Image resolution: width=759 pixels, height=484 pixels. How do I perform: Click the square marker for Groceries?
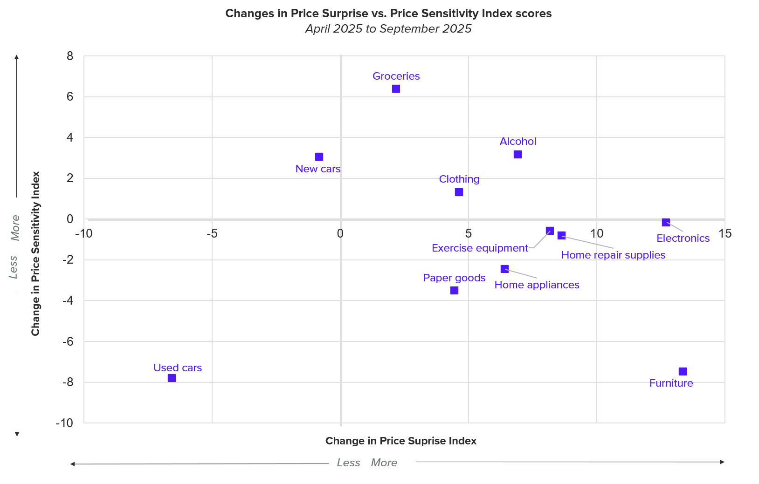[396, 89]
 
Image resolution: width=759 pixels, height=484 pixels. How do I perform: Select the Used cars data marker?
[172, 378]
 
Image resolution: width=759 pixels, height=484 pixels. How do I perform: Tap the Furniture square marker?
[683, 371]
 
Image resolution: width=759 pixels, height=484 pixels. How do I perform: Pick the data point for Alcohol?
[517, 154]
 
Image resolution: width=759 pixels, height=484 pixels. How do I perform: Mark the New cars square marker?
[319, 157]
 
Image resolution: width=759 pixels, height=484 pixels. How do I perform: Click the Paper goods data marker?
[454, 290]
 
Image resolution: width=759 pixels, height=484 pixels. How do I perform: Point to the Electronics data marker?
[666, 222]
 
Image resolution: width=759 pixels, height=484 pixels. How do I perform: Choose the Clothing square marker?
[459, 192]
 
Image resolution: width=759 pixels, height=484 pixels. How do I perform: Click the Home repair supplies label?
[613, 255]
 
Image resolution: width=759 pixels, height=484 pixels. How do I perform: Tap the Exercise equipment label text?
[480, 248]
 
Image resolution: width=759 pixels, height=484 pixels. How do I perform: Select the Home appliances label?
[537, 285]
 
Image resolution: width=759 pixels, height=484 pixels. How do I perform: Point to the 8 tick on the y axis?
[70, 56]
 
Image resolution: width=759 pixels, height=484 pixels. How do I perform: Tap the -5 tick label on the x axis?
[212, 233]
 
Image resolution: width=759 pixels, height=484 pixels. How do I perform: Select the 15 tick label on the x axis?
[725, 233]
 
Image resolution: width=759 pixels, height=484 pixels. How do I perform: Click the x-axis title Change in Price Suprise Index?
[400, 441]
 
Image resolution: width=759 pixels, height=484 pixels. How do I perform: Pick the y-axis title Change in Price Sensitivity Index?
[35, 253]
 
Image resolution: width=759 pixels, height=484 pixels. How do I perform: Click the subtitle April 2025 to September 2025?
[388, 29]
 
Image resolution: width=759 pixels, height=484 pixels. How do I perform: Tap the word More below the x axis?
[384, 463]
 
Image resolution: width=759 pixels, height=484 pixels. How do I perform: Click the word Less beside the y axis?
[14, 267]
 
